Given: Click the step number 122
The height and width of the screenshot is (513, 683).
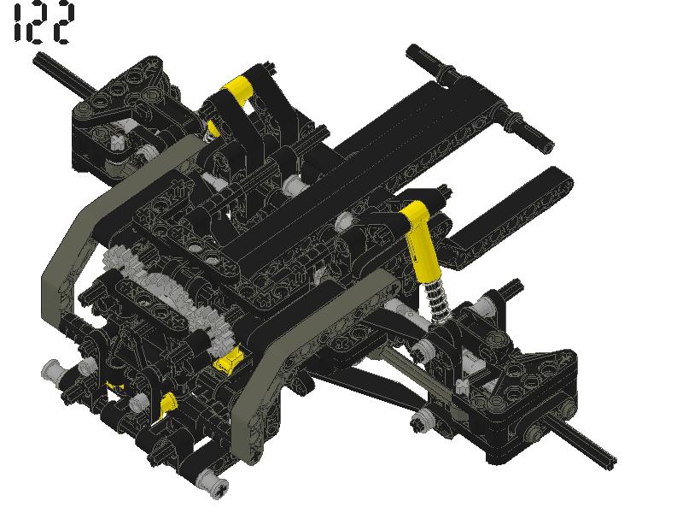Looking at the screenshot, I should coord(43,22).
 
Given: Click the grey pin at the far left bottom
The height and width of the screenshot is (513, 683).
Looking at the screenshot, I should coord(51,370).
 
